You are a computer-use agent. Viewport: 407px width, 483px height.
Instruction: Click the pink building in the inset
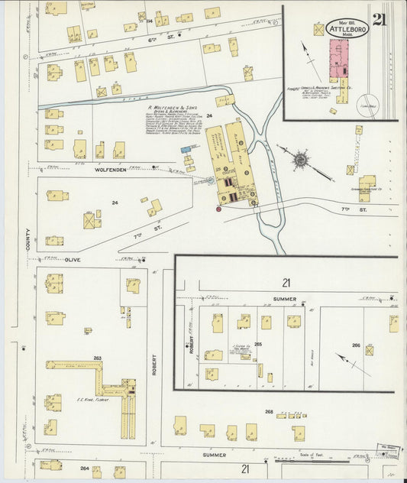[x=338, y=60]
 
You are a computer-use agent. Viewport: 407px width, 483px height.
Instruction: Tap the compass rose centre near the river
[x=300, y=160]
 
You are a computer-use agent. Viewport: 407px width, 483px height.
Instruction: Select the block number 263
[x=98, y=358]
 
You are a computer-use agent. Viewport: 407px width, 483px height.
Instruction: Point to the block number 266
[x=356, y=345]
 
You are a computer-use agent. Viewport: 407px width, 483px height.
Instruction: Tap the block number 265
[x=258, y=345]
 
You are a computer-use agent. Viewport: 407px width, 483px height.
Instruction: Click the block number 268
[x=269, y=412]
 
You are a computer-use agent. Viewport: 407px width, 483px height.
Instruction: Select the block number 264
[x=84, y=468]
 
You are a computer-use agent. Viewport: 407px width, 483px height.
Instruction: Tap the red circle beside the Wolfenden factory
[x=218, y=208]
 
